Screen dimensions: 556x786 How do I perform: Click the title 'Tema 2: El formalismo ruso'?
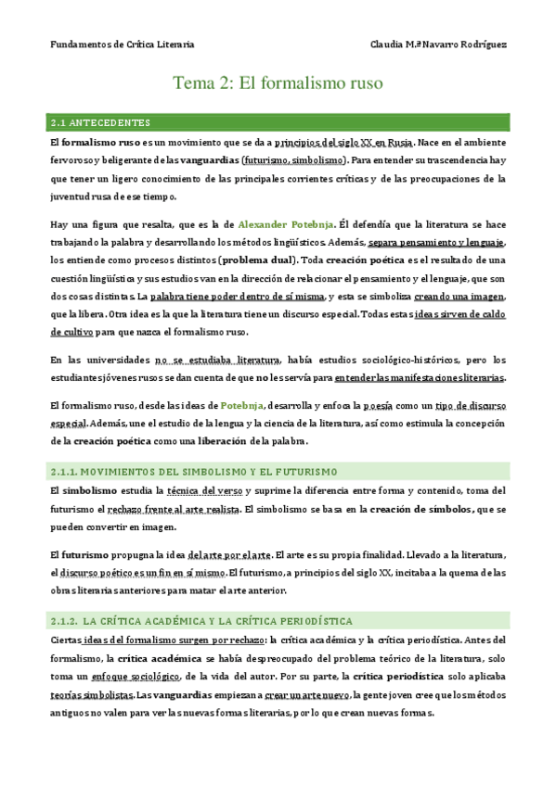[278, 83]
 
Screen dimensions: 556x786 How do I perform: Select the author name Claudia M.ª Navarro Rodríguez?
[438, 44]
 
